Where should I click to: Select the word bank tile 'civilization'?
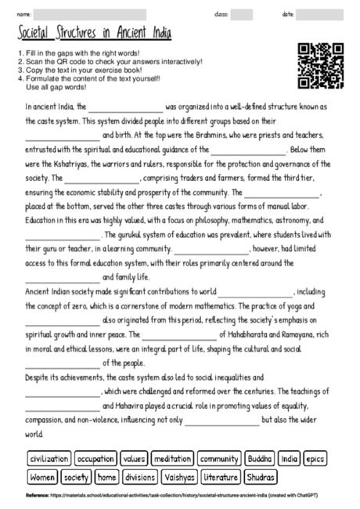click(x=49, y=458)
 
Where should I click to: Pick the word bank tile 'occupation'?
click(x=96, y=458)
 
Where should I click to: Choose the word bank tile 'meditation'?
click(x=171, y=458)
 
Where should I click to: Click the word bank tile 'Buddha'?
click(x=259, y=458)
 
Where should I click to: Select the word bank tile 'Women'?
click(x=42, y=476)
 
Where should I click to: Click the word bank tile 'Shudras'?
click(x=261, y=476)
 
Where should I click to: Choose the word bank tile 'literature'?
click(x=221, y=476)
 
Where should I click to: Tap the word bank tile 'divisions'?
click(x=141, y=476)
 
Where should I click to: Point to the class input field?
click(x=242, y=14)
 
